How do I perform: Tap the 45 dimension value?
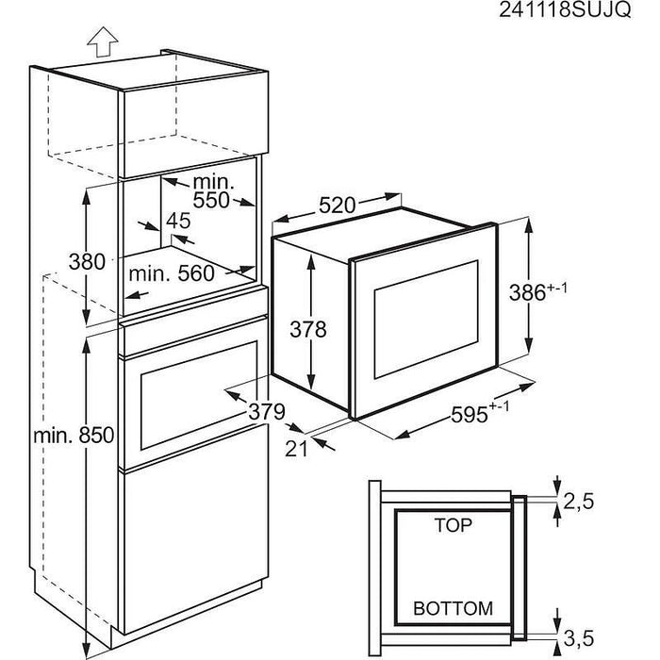pos(177,222)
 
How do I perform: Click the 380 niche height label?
pos(87,262)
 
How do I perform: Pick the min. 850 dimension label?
pos(72,436)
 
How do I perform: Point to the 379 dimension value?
pos(267,411)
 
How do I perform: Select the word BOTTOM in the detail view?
pos(453,609)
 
